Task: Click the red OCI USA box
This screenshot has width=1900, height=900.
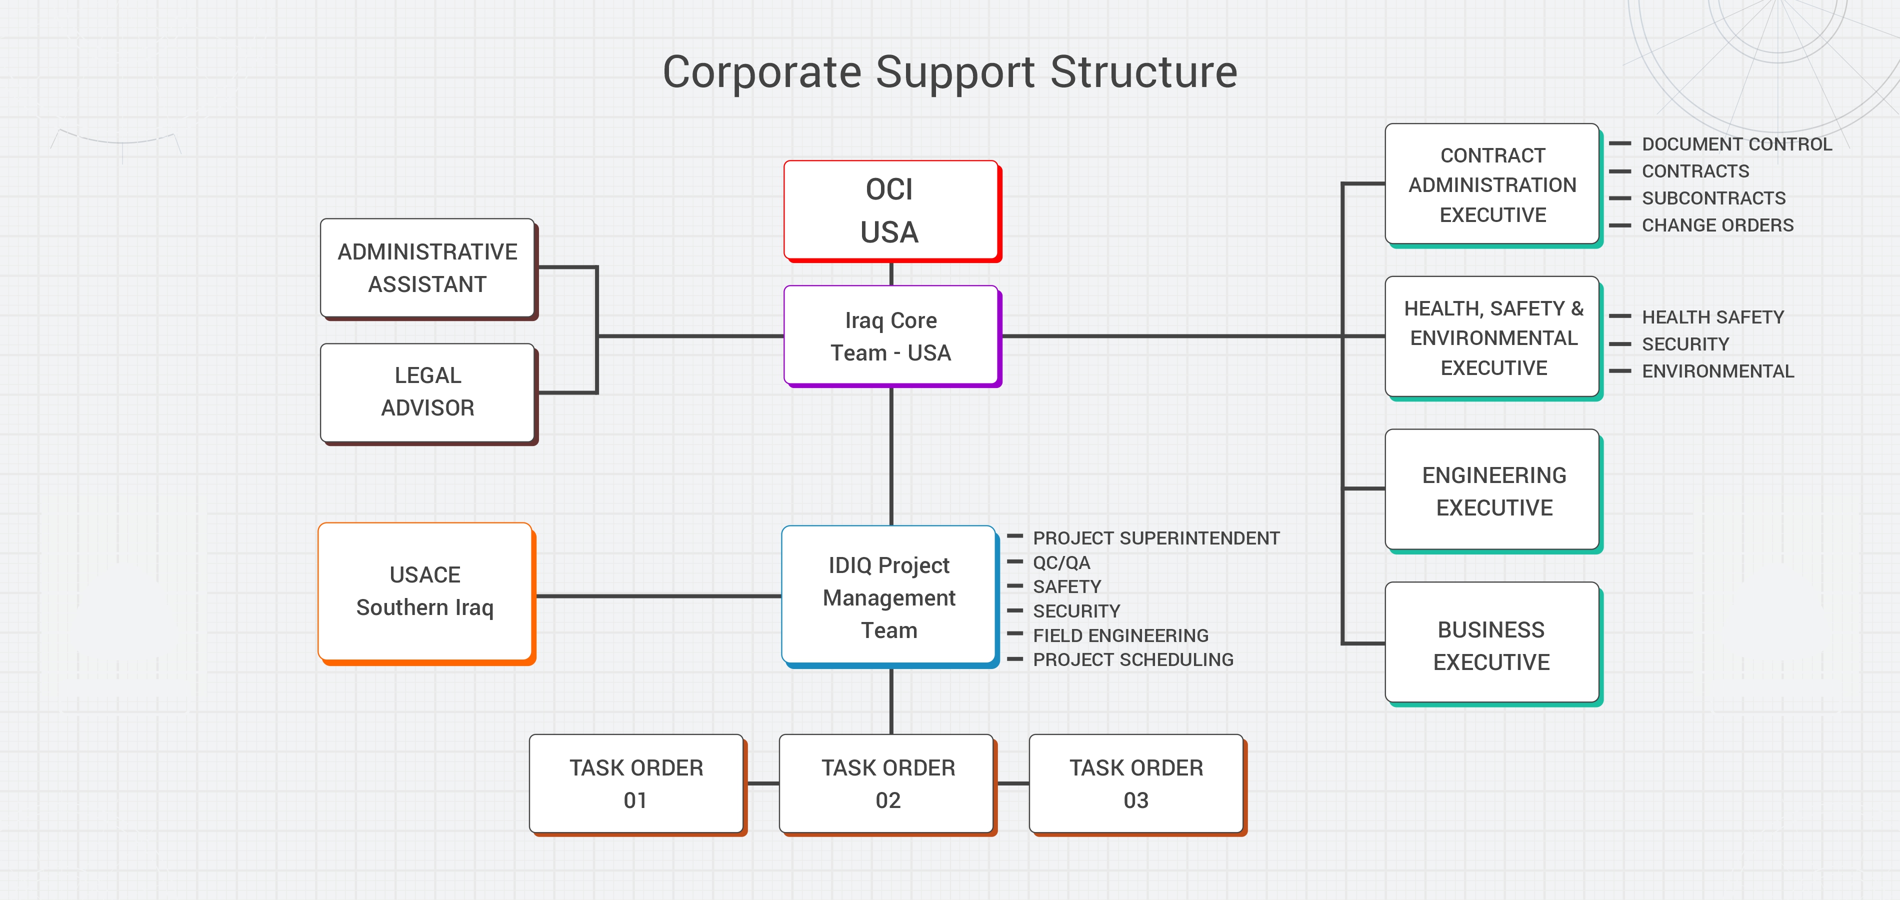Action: tap(890, 210)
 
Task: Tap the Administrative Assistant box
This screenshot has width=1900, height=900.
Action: tap(428, 268)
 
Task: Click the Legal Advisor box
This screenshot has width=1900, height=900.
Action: tap(428, 391)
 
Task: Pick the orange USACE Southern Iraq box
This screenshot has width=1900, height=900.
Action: tap(425, 591)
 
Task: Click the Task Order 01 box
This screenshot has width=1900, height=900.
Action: tap(636, 783)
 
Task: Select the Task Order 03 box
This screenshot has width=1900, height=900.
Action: tap(1136, 783)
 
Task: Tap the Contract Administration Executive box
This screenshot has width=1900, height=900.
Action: tap(1492, 184)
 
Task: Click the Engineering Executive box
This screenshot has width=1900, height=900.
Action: tap(1493, 490)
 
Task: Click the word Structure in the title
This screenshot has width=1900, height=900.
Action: tap(1143, 72)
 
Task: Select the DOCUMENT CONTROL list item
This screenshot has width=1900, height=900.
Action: tap(1736, 144)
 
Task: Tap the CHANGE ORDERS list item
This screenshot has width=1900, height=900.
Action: tap(1717, 225)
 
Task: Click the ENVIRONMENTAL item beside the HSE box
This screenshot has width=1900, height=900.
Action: tap(1717, 371)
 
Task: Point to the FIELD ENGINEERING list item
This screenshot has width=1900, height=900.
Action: tap(1120, 635)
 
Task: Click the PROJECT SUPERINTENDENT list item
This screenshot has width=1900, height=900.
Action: tap(1156, 538)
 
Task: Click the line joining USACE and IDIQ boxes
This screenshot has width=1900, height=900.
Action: tap(656, 596)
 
